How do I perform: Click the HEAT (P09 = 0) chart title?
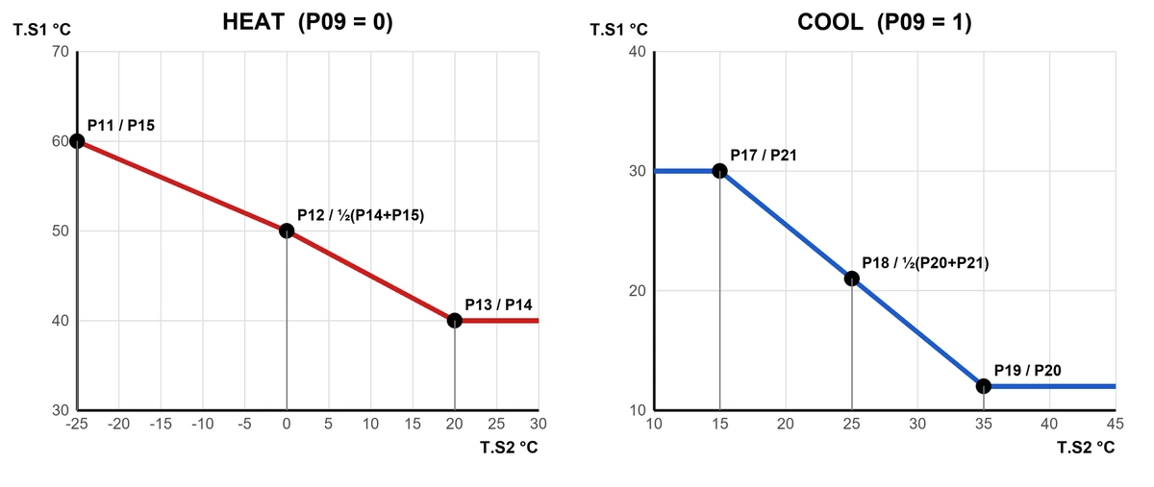308,22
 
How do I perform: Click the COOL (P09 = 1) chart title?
884,22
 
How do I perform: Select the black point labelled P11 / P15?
77,141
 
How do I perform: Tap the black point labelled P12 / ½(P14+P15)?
287,231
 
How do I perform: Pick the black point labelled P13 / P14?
454,321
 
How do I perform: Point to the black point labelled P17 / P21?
719,171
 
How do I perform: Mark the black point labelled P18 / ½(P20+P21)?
852,279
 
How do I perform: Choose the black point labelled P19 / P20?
984,386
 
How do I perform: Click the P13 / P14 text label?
498,304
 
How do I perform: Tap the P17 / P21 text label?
764,155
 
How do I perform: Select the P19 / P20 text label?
1027,370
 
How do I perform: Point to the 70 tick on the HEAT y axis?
61,52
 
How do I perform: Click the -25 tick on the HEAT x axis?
77,424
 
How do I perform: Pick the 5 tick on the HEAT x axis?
329,424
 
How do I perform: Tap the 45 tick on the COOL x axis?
1115,424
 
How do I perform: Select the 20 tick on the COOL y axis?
638,291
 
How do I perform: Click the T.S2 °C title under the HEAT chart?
509,448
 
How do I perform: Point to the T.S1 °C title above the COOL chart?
618,30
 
